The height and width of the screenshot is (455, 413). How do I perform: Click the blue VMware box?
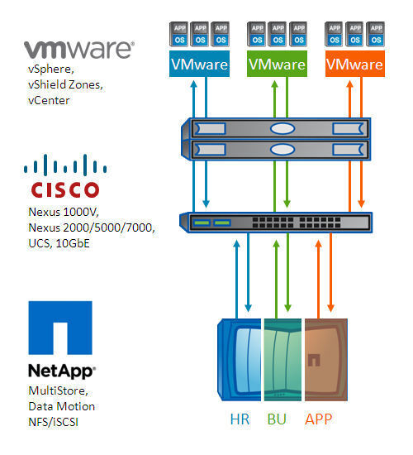(x=199, y=65)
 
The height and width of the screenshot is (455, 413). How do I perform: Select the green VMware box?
(x=277, y=65)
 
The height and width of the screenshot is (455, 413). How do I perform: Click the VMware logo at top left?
(x=78, y=48)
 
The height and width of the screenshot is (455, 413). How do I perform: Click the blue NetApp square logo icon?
(x=60, y=330)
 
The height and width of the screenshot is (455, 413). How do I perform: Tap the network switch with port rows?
(x=281, y=223)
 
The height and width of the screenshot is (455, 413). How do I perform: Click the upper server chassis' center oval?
(x=282, y=129)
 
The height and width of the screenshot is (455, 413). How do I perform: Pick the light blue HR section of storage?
(x=244, y=357)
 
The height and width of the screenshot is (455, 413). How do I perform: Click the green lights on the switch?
(x=211, y=223)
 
